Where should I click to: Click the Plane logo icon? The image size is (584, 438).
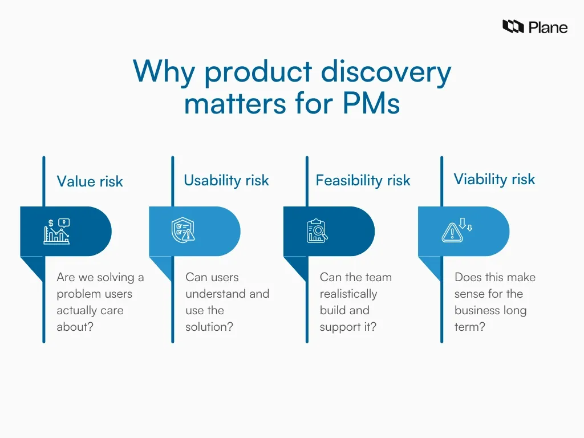click(x=513, y=26)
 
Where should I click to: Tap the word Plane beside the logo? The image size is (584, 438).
click(x=547, y=27)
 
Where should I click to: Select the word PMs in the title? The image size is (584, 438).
click(x=371, y=104)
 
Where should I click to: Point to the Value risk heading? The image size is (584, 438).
click(x=90, y=181)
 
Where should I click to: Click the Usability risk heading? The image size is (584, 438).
click(x=226, y=181)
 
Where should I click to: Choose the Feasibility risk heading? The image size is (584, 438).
click(x=363, y=181)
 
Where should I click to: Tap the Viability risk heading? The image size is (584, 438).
click(x=494, y=179)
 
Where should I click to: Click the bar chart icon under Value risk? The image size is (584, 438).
click(x=56, y=232)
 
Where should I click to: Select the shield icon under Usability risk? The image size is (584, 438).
click(x=183, y=231)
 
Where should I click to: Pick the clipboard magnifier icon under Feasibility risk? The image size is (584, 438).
click(x=317, y=231)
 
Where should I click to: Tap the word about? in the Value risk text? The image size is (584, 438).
click(x=74, y=327)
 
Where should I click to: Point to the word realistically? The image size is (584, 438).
click(x=348, y=294)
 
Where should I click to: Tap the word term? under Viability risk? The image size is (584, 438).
click(x=469, y=327)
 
